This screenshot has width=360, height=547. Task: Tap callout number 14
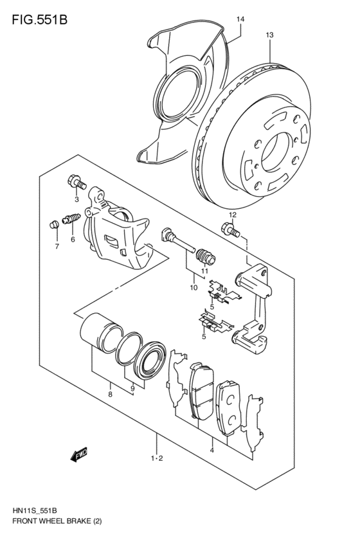pyautogui.click(x=240, y=20)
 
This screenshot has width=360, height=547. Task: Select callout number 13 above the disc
pyautogui.click(x=269, y=35)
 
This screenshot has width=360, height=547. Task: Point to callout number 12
pyautogui.click(x=232, y=214)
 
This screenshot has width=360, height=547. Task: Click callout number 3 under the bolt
pyautogui.click(x=76, y=199)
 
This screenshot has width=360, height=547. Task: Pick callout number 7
pyautogui.click(x=56, y=246)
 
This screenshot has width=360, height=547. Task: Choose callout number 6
pyautogui.click(x=73, y=239)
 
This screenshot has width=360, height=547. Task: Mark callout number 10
pyautogui.click(x=193, y=287)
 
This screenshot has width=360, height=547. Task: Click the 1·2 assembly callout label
pyautogui.click(x=156, y=458)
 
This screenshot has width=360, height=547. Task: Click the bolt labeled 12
pyautogui.click(x=230, y=228)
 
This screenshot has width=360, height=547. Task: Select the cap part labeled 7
pyautogui.click(x=55, y=224)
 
